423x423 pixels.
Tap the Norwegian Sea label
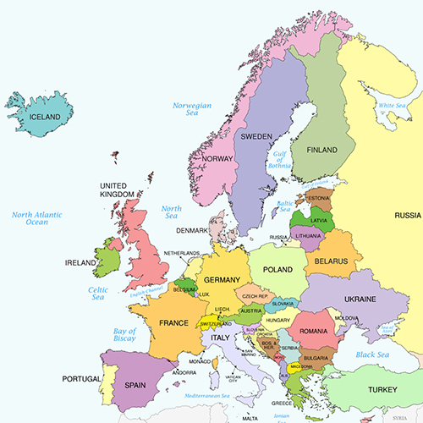point(191,111)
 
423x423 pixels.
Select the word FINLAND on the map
point(321,150)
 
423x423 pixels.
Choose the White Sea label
point(392,106)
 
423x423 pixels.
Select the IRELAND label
point(81,263)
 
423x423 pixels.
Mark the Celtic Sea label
point(98,293)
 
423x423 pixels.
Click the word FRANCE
point(173,323)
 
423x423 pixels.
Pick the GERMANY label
point(222,280)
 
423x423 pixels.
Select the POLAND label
point(278,268)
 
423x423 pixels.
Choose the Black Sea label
point(372,354)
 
